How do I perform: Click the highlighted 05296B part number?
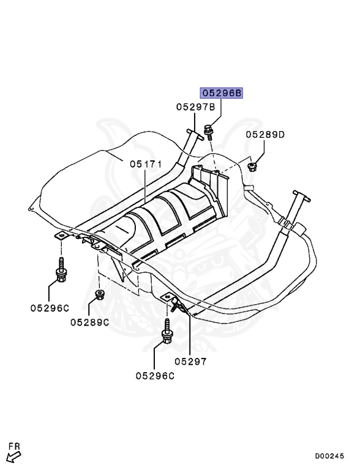click(x=221, y=93)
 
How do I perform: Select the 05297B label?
click(x=195, y=106)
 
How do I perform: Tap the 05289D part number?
click(x=265, y=134)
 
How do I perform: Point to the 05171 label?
click(x=144, y=163)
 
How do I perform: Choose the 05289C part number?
click(x=89, y=322)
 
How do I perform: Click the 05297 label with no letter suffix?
click(x=190, y=361)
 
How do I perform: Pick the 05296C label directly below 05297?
click(x=155, y=376)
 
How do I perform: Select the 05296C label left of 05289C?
click(x=50, y=308)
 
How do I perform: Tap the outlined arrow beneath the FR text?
click(x=13, y=456)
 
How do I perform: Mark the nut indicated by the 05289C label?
click(x=98, y=297)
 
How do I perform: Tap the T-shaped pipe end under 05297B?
click(x=192, y=135)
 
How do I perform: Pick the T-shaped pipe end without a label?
click(x=301, y=199)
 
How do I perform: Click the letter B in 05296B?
click(x=238, y=93)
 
